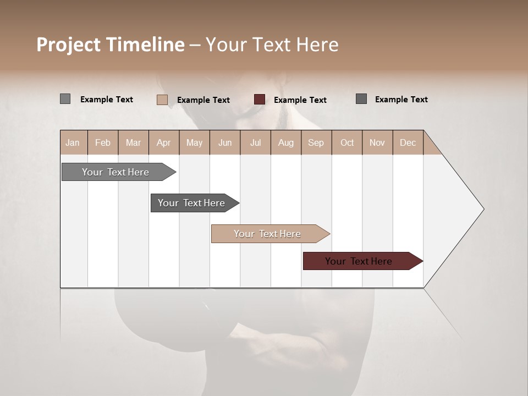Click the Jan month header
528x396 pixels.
click(73, 142)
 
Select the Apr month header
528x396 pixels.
click(163, 142)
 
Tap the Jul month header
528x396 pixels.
click(255, 142)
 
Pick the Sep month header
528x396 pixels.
click(316, 142)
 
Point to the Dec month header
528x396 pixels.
click(408, 142)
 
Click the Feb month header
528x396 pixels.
click(103, 142)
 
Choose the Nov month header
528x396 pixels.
click(377, 142)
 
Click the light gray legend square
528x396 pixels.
click(65, 99)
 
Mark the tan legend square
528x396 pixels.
click(162, 100)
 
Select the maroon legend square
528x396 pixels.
click(260, 100)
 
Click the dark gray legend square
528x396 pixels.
click(361, 99)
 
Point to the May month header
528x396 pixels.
click(194, 142)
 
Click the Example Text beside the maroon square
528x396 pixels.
click(300, 100)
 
